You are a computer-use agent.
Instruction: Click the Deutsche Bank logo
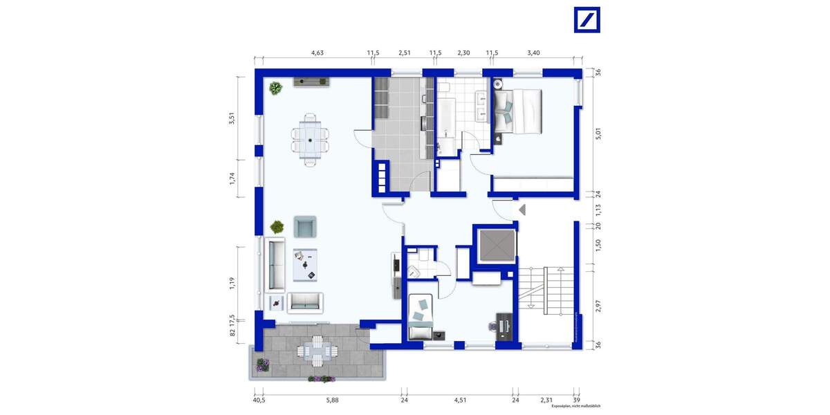point(587,19)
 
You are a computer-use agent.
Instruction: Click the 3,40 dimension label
point(534,53)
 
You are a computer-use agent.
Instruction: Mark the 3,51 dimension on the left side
point(233,118)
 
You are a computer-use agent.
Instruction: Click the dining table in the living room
point(311,139)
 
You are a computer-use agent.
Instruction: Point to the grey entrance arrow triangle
point(522,210)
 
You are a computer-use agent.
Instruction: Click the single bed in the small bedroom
point(419,316)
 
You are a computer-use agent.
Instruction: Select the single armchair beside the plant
point(305,226)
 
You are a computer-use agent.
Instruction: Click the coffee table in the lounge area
point(305,265)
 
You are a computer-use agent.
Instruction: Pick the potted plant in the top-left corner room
point(276,88)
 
